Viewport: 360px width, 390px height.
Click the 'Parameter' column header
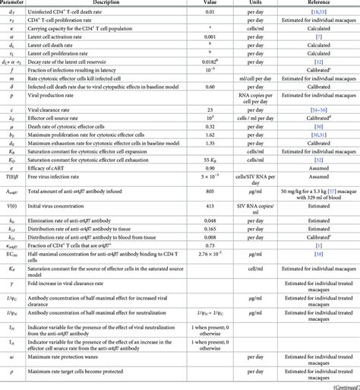tap(15, 3)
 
